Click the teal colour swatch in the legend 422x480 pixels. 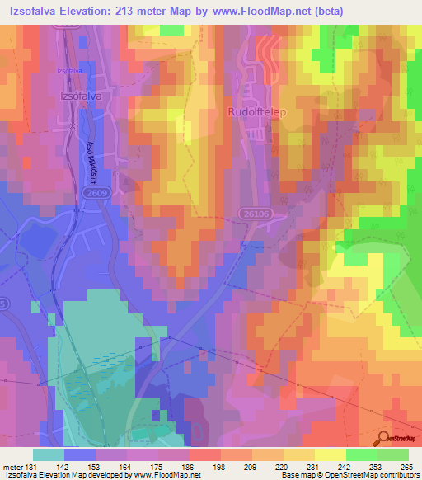click(49, 454)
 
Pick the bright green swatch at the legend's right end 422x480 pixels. click(393, 454)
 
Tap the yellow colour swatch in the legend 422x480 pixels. click(331, 454)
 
